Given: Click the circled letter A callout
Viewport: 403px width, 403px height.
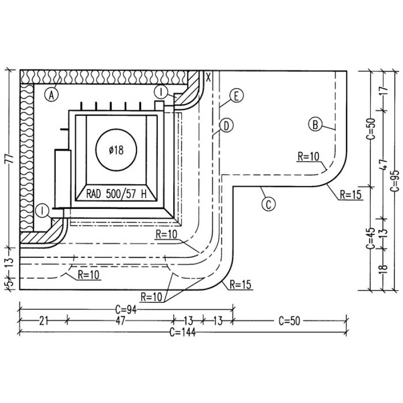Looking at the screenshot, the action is (x=51, y=95).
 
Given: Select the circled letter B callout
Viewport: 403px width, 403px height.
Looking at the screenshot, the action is (x=315, y=124).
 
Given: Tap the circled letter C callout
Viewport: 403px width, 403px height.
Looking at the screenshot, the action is (x=268, y=205).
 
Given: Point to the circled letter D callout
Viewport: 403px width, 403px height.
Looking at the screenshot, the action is (x=226, y=126).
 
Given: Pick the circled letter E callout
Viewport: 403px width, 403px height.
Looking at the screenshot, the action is (x=236, y=96).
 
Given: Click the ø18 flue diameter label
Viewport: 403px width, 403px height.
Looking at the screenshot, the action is (x=116, y=150).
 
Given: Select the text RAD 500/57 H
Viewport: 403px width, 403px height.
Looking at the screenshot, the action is (x=116, y=194).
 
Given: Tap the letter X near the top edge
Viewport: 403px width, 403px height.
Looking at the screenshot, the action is (x=209, y=77).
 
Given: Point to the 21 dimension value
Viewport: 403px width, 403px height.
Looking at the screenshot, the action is (x=44, y=320).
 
